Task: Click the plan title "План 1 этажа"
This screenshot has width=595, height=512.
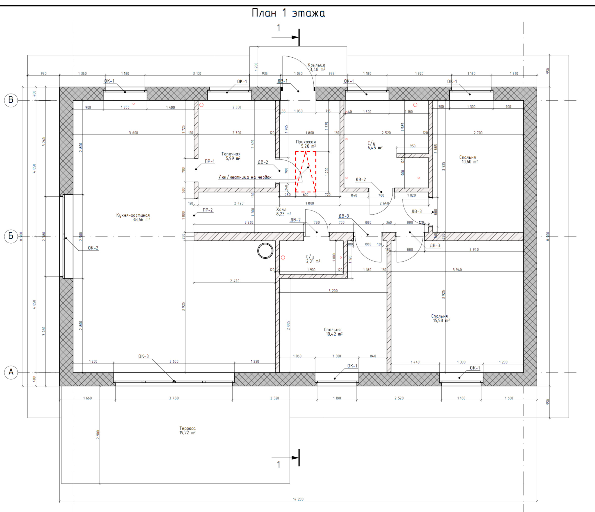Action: (288, 13)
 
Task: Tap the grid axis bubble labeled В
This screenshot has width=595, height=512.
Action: (11, 100)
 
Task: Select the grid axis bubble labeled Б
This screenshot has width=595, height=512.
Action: (11, 236)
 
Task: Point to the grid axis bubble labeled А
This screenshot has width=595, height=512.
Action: (11, 373)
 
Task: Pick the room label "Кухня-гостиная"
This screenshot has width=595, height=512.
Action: (133, 215)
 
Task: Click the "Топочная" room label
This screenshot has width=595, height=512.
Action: (231, 154)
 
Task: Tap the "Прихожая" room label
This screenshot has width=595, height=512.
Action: (306, 142)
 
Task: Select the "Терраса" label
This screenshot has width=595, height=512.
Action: (188, 428)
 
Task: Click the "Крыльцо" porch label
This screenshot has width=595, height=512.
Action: (316, 65)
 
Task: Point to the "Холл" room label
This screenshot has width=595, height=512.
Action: (281, 210)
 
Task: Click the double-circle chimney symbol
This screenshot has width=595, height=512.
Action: (265, 251)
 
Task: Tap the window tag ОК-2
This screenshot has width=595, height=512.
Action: (93, 248)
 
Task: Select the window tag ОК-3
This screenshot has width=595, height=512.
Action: (144, 356)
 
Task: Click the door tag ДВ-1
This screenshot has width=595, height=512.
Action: (282, 81)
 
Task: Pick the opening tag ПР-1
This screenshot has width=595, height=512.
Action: (210, 161)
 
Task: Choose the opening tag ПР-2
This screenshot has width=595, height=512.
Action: (208, 210)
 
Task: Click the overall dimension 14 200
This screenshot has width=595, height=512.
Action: (298, 499)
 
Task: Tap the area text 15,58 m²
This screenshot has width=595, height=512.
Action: (441, 320)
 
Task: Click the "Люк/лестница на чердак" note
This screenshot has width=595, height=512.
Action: (245, 177)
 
